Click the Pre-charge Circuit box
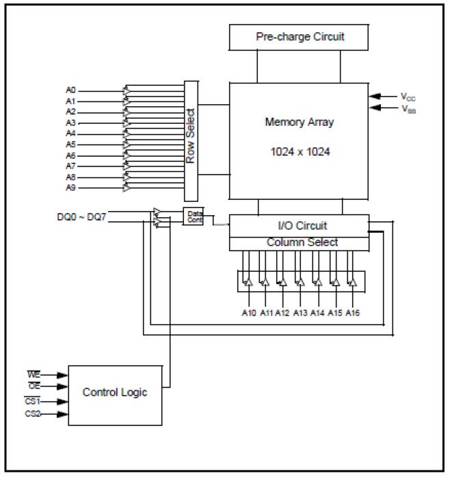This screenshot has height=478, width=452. pyautogui.click(x=300, y=37)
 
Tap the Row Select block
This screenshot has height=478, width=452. pyautogui.click(x=191, y=140)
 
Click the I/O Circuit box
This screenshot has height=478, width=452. pyautogui.click(x=300, y=225)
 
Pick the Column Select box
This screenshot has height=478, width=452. pyautogui.click(x=300, y=242)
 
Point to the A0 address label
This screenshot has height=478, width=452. pyautogui.click(x=71, y=90)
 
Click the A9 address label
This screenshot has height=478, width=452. pyautogui.click(x=71, y=188)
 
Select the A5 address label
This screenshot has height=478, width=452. pyautogui.click(x=71, y=144)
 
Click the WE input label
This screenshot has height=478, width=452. pyautogui.click(x=33, y=375)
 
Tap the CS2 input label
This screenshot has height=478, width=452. pyautogui.click(x=34, y=413)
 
